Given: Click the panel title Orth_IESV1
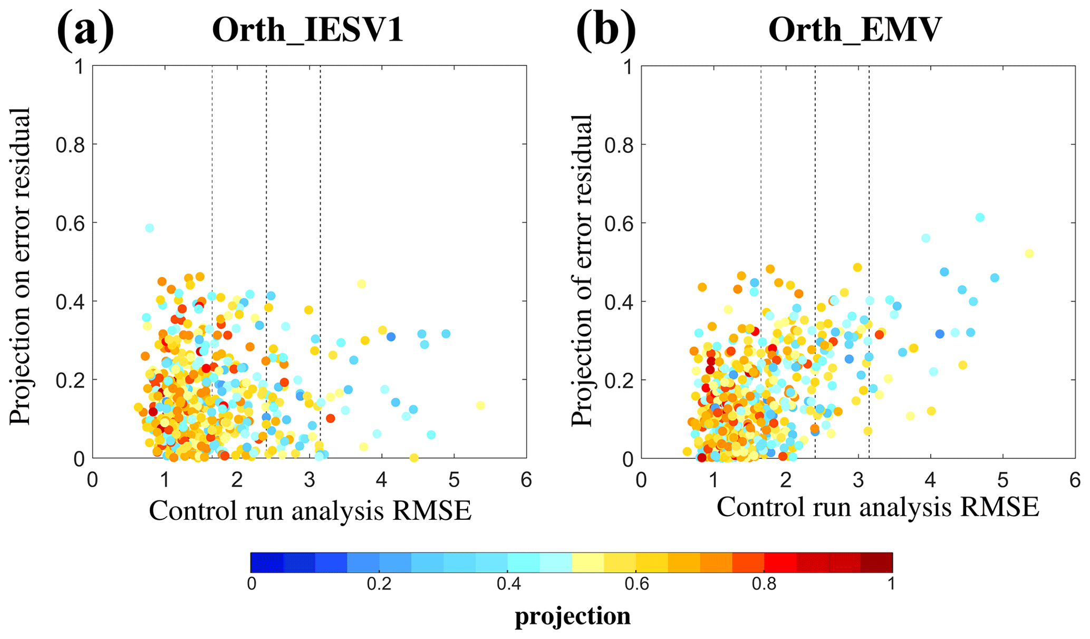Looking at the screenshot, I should pos(307,30).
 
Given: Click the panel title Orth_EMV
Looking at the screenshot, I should pos(854,30).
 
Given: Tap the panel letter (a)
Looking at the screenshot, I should pos(85,30).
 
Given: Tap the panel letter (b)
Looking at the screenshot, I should pos(606,30).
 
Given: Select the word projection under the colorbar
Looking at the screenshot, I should pos(573,616).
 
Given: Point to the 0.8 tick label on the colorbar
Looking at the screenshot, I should pos(764,584).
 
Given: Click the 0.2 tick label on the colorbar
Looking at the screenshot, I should pos(379,584).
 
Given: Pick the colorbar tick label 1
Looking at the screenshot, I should pos(891,584).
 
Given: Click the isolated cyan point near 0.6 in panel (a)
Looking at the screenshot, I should pos(150,228).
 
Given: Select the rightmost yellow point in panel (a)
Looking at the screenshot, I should pos(480,405).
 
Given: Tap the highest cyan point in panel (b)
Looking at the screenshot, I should pos(980,217).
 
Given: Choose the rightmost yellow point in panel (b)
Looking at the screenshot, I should pos(1029,254).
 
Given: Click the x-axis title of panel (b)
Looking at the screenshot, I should pos(877,507).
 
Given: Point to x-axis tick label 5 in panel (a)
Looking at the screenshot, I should pos(454,480).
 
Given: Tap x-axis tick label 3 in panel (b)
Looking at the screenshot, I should pos(858,480).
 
